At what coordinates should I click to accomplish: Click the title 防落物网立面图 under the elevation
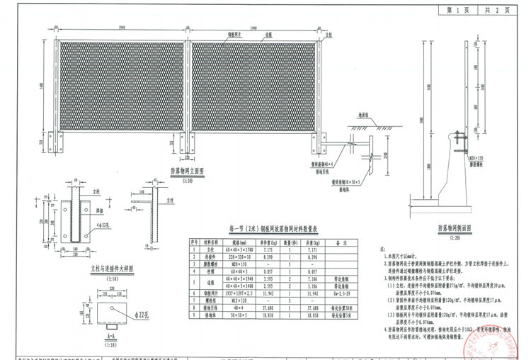click(x=187, y=171)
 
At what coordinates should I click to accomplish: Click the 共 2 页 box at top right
click(x=496, y=11)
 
